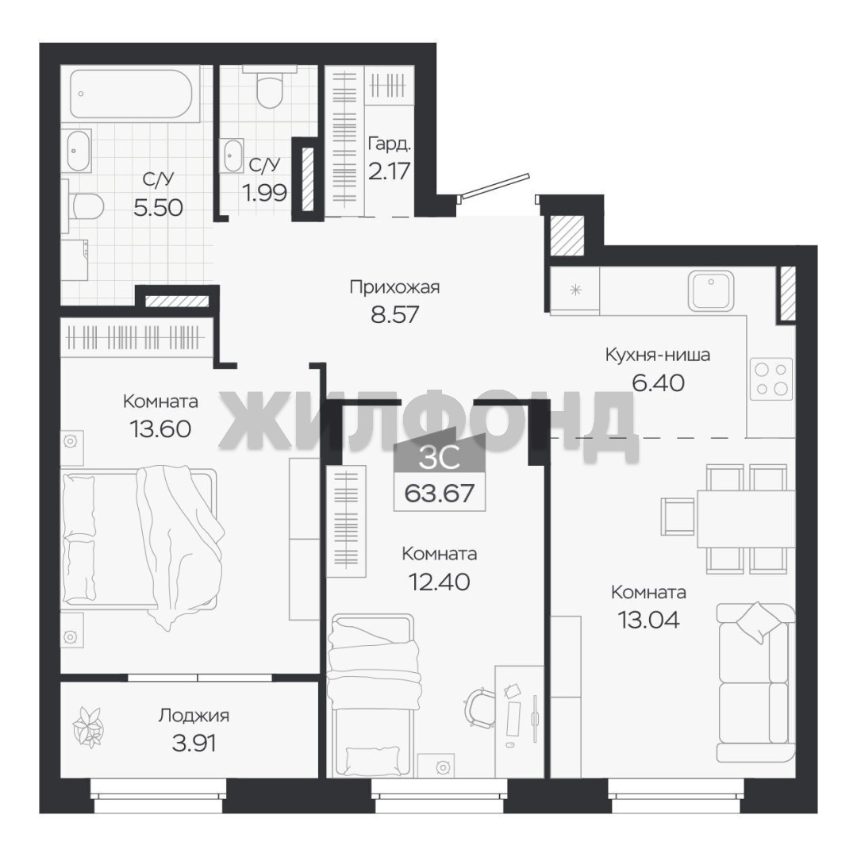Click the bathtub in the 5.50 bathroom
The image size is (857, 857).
tap(131, 94)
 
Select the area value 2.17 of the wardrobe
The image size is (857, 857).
tap(389, 171)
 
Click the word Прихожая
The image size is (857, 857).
tap(394, 287)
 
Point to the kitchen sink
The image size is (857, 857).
tap(710, 290)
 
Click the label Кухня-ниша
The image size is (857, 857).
tap(658, 355)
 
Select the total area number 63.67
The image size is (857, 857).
tap(439, 494)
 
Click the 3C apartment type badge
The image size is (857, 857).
tap(439, 457)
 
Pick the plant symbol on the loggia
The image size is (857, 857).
tap(88, 726)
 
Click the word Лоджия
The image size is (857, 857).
tap(194, 716)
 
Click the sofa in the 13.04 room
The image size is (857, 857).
tap(756, 682)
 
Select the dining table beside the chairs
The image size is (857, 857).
tap(746, 518)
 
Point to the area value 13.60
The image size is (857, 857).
tap(160, 428)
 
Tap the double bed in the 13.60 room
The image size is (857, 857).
tap(140, 539)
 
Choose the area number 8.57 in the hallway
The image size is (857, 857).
tap(394, 314)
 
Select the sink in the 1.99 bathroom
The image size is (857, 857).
tap(233, 156)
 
